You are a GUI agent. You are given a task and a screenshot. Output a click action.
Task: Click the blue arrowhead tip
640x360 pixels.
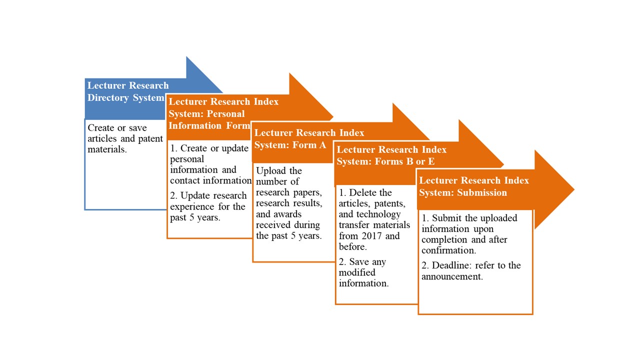[222, 92]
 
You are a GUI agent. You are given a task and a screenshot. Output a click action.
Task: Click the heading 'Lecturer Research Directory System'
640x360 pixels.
[128, 91]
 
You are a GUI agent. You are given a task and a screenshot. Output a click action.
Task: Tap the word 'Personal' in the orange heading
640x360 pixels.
[225, 113]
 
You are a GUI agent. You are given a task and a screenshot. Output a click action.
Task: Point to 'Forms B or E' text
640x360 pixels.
[404, 161]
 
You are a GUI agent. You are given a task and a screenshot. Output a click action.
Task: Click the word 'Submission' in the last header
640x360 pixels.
[481, 192]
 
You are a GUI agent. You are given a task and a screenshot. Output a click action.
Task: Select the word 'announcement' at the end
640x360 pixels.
[452, 276]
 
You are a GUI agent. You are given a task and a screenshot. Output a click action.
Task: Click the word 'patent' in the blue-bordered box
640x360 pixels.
[150, 138]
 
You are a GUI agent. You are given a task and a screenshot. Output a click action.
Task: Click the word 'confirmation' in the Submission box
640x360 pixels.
[449, 250]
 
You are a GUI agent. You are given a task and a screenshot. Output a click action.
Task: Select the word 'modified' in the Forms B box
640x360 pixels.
[357, 272]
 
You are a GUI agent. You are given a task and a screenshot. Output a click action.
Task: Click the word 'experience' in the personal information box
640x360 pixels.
[192, 206]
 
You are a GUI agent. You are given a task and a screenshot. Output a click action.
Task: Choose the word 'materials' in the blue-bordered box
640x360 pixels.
[107, 149]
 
